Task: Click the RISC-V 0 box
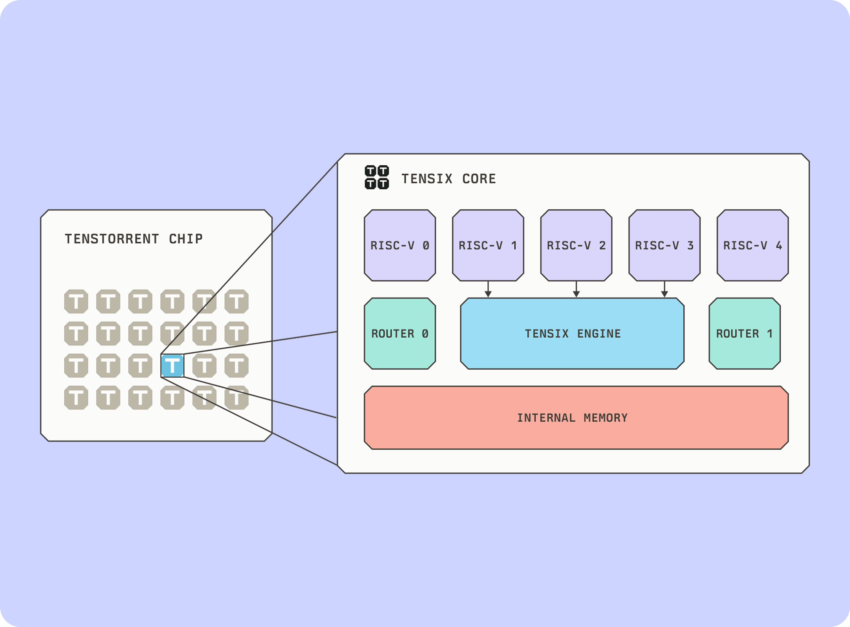coord(400,245)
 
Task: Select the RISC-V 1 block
coord(488,245)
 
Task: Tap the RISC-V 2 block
coord(576,245)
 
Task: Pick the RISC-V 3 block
coord(664,245)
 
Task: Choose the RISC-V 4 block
coord(752,245)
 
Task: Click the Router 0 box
coord(400,333)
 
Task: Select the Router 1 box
coord(744,333)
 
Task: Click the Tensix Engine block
coord(572,333)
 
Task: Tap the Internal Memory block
coord(576,417)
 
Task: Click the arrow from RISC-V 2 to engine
coord(576,289)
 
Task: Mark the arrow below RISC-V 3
coord(664,289)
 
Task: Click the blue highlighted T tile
coord(172,366)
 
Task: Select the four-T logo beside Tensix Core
coord(377,177)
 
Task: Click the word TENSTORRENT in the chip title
coord(112,239)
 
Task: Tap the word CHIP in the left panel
coord(186,239)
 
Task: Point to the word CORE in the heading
coord(479,179)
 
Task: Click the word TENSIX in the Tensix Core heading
coord(427,179)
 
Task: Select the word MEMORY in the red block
coord(606,418)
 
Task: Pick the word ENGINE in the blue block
coord(599,334)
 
